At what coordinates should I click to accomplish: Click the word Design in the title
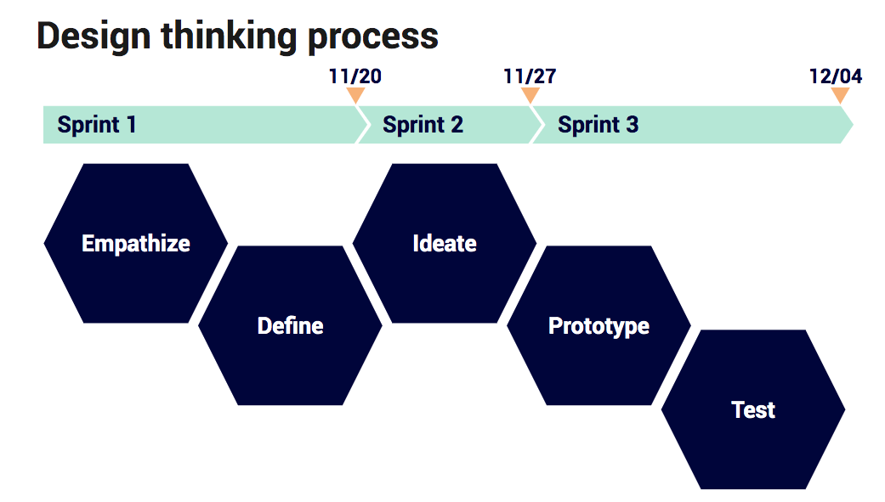pyautogui.click(x=94, y=37)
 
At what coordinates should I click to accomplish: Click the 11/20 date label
pyautogui.click(x=355, y=76)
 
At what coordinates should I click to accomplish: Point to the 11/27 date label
pyautogui.click(x=530, y=76)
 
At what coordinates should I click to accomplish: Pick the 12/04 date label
pyautogui.click(x=836, y=76)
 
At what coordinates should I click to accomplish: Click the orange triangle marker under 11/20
pyautogui.click(x=355, y=95)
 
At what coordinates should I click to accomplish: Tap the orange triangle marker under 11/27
pyautogui.click(x=530, y=95)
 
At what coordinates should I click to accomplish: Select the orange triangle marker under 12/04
pyautogui.click(x=840, y=95)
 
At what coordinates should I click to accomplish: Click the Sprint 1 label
pyautogui.click(x=97, y=125)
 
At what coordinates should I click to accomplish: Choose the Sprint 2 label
pyautogui.click(x=423, y=125)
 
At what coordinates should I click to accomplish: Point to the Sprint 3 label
pyautogui.click(x=598, y=125)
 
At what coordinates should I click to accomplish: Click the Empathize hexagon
pyautogui.click(x=136, y=243)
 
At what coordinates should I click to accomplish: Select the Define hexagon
pyautogui.click(x=290, y=325)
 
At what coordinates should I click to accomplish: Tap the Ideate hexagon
pyautogui.click(x=444, y=243)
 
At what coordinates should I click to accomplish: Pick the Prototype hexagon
pyautogui.click(x=599, y=325)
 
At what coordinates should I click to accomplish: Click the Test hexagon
pyautogui.click(x=753, y=409)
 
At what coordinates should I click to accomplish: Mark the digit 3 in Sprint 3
pyautogui.click(x=633, y=125)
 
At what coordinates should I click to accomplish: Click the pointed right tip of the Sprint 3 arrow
pyautogui.click(x=853, y=125)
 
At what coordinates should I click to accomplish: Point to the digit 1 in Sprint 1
pyautogui.click(x=131, y=125)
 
